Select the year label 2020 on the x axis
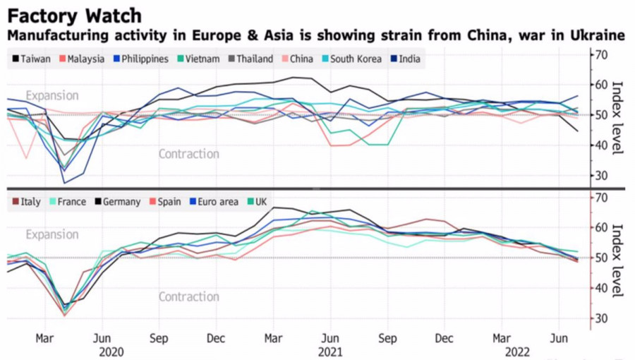pyautogui.click(x=111, y=351)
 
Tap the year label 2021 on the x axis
pyautogui.click(x=330, y=351)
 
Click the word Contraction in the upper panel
pyautogui.click(x=188, y=154)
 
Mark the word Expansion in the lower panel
pyautogui.click(x=52, y=234)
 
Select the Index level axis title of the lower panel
pyautogui.click(x=617, y=260)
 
